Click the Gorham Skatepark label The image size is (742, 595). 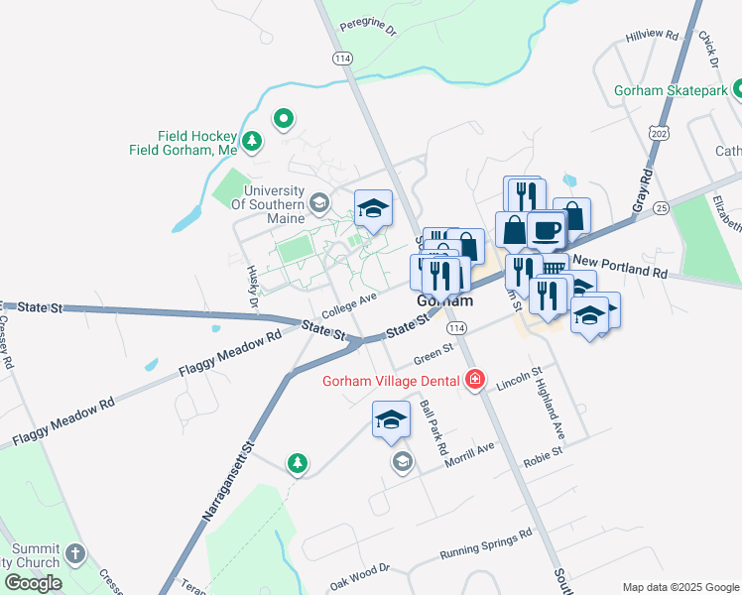tap(672, 90)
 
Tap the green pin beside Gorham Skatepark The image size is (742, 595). tap(738, 90)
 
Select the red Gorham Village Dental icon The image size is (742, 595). tap(474, 381)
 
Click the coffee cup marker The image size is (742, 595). tap(546, 230)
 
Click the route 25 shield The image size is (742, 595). tap(662, 206)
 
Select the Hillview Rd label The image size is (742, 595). tap(652, 36)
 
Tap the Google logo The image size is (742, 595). tap(33, 582)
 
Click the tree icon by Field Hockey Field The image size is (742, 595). tap(253, 142)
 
